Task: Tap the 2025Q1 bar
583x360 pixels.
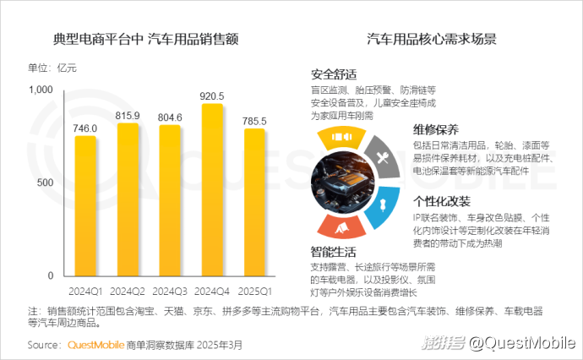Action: (254, 202)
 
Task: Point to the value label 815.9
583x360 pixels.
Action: (128, 115)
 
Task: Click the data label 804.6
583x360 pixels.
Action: (170, 117)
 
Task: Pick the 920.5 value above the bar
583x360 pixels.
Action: (212, 95)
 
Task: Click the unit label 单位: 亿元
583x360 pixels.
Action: (52, 68)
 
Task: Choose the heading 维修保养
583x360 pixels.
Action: (436, 129)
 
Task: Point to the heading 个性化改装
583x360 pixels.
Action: (441, 202)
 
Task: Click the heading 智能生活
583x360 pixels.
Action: (334, 252)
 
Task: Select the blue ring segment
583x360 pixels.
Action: (381, 204)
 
